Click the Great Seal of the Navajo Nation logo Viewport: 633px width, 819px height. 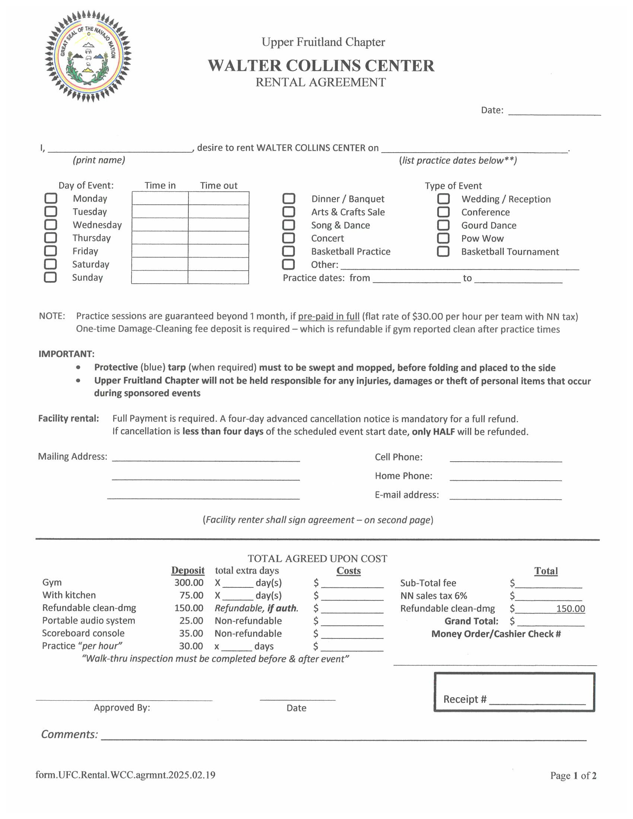[x=88, y=56]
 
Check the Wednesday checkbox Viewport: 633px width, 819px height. [x=51, y=224]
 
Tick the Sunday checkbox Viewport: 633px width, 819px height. [x=50, y=277]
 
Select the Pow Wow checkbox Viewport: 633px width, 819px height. [x=443, y=238]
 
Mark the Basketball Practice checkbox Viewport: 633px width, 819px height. [x=288, y=251]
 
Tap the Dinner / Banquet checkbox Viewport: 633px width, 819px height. [x=289, y=198]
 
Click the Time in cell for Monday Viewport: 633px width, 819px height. [x=160, y=198]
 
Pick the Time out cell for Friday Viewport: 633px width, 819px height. [x=218, y=251]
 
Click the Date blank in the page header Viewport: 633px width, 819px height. [x=554, y=111]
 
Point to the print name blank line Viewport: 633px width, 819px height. [x=120, y=149]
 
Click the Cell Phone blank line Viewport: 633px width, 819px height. [x=506, y=458]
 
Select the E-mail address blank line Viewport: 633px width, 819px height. [x=506, y=496]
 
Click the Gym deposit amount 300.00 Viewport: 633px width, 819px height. [x=189, y=582]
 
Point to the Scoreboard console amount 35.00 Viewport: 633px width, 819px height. [x=191, y=633]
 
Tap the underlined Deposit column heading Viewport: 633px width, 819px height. [x=188, y=570]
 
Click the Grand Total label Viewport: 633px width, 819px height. [x=471, y=621]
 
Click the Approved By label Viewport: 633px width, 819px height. [x=122, y=708]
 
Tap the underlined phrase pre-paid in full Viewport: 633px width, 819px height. [x=328, y=316]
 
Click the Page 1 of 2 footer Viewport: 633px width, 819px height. [x=573, y=775]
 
